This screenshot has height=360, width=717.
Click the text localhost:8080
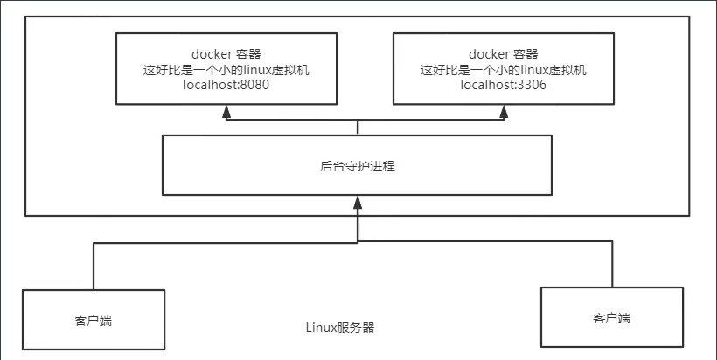click(x=226, y=86)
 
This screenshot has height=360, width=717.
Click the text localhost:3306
click(x=504, y=86)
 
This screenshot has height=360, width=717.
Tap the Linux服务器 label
click(x=340, y=329)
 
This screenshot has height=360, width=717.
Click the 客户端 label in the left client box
click(x=94, y=321)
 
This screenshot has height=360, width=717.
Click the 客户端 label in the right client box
click(x=612, y=318)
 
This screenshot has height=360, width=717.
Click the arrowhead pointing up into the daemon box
click(x=358, y=203)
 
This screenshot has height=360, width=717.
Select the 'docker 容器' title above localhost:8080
click(x=226, y=52)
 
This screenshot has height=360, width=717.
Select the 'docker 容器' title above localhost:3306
click(x=504, y=52)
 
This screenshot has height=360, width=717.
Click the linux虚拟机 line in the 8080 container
click(x=226, y=69)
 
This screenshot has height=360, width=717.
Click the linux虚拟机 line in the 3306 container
click(x=504, y=69)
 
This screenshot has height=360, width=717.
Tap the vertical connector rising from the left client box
click(x=92, y=266)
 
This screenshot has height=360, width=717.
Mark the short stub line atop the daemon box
click(x=358, y=128)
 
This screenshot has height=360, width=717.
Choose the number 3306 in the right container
click(x=530, y=86)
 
